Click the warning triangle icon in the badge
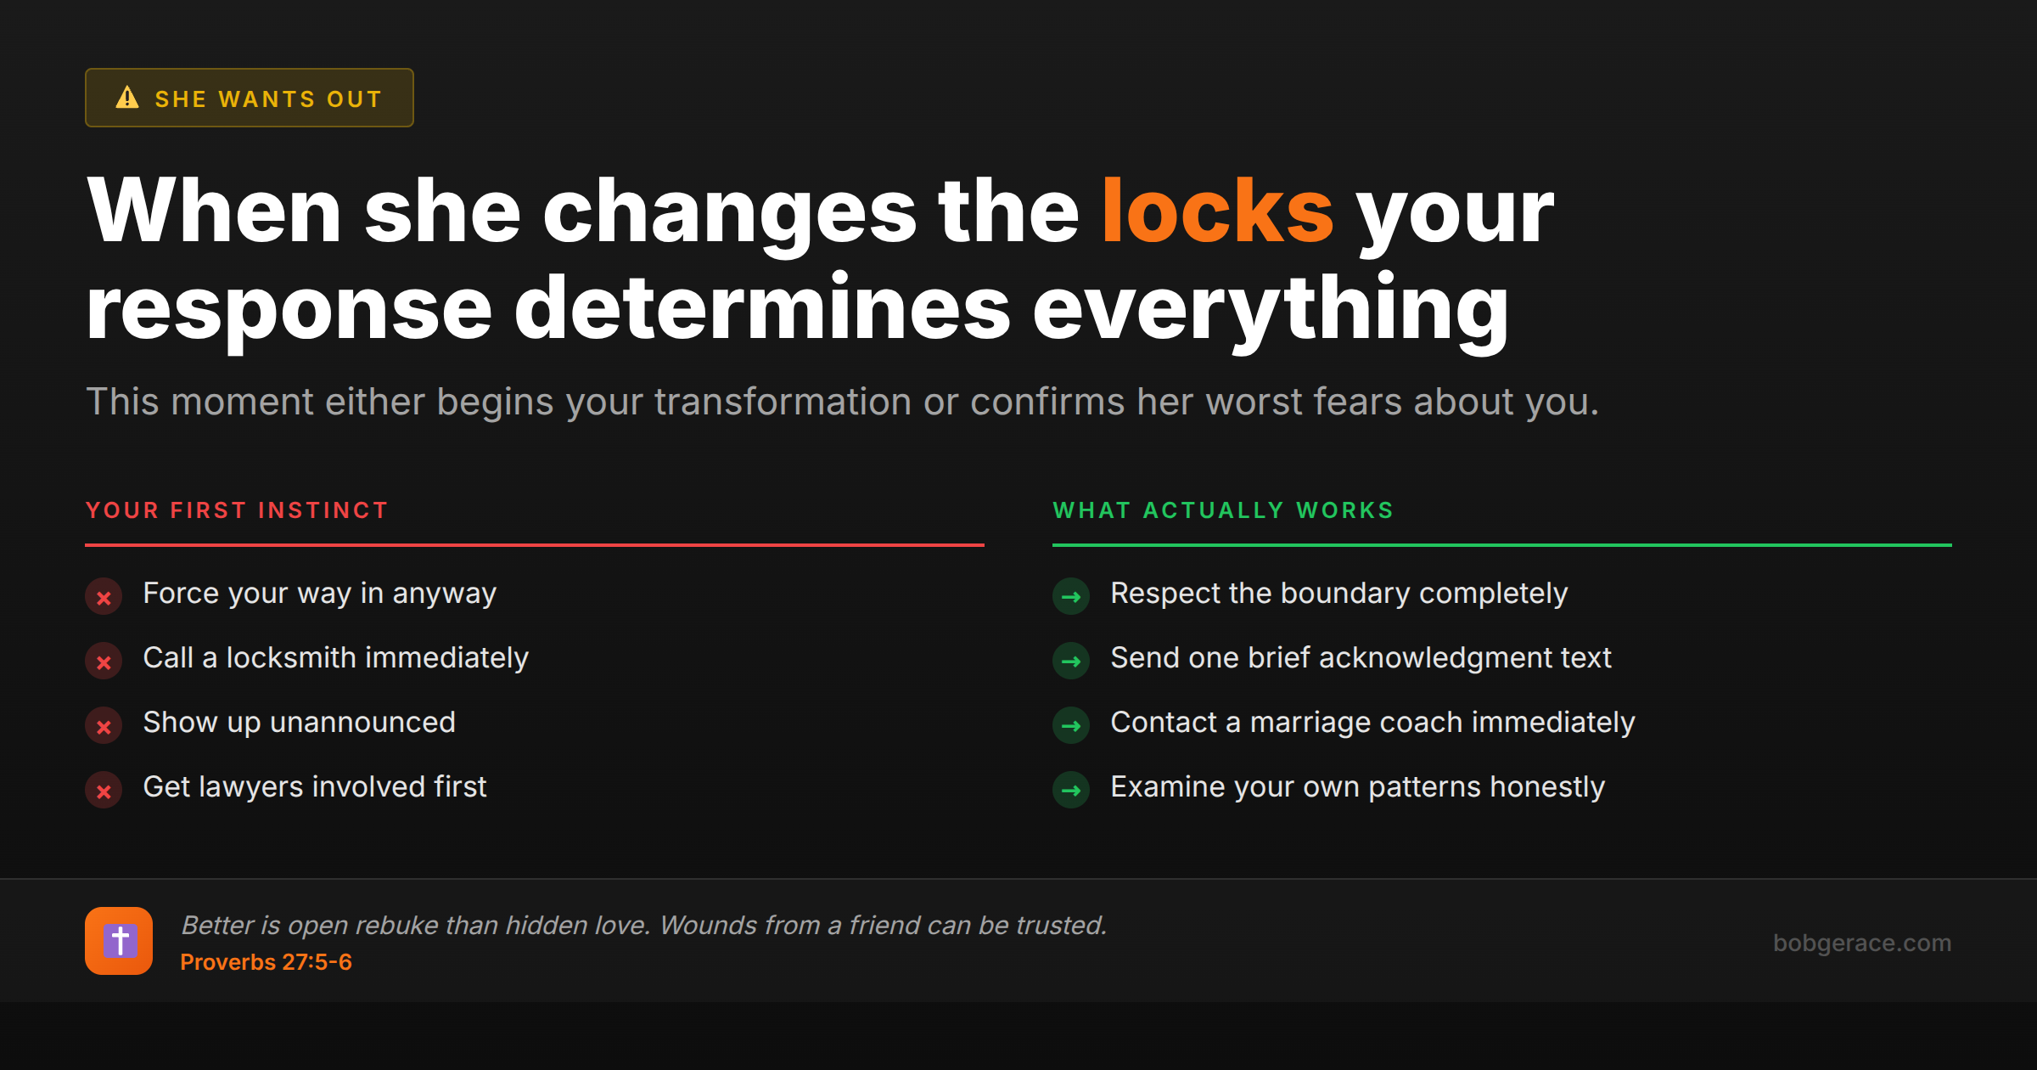point(127,98)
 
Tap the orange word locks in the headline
point(1217,211)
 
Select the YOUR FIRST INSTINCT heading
point(237,510)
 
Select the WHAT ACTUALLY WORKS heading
point(1223,510)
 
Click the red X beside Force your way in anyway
point(104,597)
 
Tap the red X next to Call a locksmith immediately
point(104,662)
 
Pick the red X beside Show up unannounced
point(104,726)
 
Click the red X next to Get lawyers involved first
point(104,791)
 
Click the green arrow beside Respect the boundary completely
point(1071,597)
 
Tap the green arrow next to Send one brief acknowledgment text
point(1071,662)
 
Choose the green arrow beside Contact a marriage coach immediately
point(1071,726)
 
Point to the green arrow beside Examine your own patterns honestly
point(1071,791)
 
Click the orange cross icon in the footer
point(119,941)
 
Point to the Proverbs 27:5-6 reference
point(266,962)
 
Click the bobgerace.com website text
point(1861,943)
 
